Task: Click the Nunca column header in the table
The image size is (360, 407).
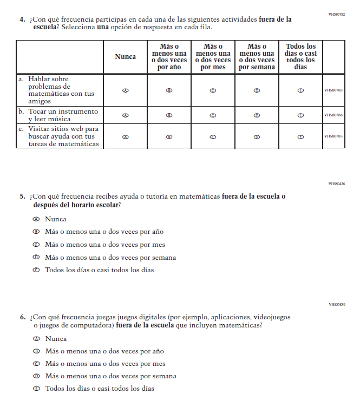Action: pos(126,56)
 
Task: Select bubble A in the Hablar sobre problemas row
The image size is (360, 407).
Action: pos(126,90)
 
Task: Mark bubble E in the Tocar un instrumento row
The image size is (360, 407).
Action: pos(300,115)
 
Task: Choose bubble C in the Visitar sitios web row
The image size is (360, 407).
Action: pos(213,137)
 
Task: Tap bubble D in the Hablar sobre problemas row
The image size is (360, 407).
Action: pos(257,90)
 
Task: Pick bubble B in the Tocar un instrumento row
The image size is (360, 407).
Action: pos(169,115)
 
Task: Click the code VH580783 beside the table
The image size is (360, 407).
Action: pos(333,90)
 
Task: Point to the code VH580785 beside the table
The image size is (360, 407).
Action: pos(333,136)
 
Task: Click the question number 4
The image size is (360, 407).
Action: pos(23,19)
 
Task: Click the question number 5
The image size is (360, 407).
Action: pos(23,197)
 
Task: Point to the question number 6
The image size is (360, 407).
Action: pos(23,317)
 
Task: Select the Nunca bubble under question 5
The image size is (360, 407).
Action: pos(37,219)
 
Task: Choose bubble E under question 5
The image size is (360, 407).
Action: pos(37,270)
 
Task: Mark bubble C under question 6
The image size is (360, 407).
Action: pos(37,364)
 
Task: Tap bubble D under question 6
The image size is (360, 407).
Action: pos(37,376)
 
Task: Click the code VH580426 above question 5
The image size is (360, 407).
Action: pos(336,184)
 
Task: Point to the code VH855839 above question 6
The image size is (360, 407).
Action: pos(336,304)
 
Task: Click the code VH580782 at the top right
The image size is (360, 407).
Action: pos(336,14)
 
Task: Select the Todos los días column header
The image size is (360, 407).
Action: pos(300,56)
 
